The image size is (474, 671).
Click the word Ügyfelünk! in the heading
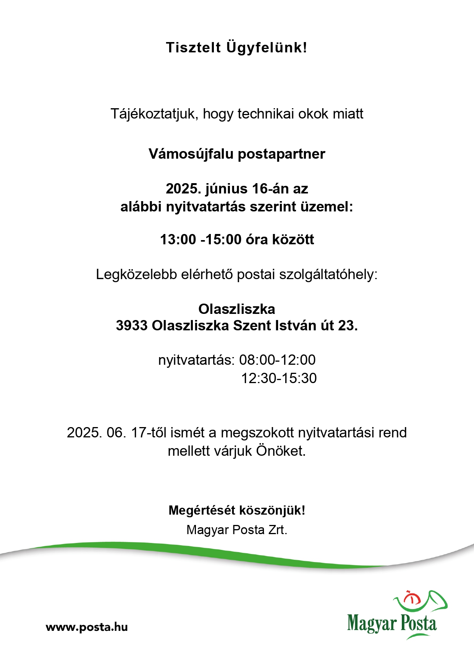267,48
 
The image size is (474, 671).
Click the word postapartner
281,154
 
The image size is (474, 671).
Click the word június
226,188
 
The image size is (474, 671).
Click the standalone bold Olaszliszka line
237,309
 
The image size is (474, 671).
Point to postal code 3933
132,326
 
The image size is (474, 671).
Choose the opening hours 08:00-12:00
277,360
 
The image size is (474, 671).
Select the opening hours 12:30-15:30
279,379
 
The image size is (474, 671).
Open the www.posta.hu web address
87,627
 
